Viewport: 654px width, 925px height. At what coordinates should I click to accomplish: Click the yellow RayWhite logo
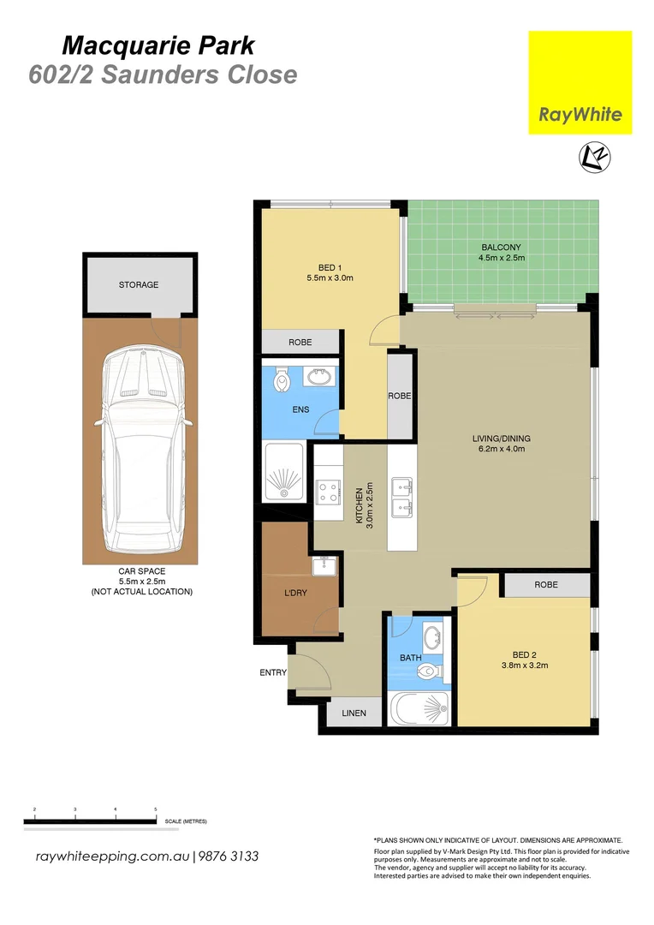pos(580,82)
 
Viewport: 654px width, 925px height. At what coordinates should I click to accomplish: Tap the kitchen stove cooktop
pos(328,492)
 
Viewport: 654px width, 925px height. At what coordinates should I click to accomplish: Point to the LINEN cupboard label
pos(354,713)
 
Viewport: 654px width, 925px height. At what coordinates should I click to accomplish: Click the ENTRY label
pos(272,672)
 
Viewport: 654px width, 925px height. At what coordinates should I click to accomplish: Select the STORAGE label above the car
pos(138,284)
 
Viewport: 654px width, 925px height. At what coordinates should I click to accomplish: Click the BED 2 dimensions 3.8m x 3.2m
pos(524,665)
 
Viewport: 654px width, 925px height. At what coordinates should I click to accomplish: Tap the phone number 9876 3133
pos(229,856)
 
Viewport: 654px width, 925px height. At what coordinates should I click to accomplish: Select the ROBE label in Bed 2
pos(545,585)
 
